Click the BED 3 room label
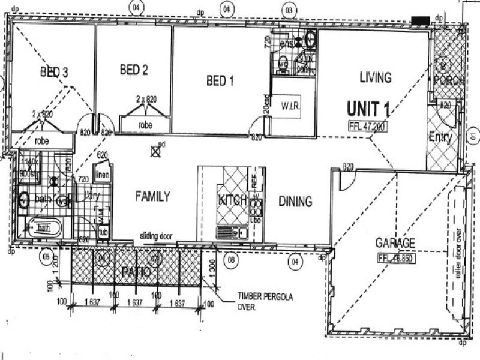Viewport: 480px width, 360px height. [x=53, y=73]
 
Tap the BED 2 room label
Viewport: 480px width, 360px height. [x=133, y=70]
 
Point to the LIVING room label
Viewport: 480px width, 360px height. [x=375, y=77]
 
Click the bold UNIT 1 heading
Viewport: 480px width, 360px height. [x=368, y=109]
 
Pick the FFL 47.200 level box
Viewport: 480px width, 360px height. [x=368, y=127]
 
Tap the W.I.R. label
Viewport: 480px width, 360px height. [x=290, y=106]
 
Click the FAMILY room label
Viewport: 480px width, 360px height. [x=152, y=196]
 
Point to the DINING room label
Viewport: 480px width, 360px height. [x=295, y=202]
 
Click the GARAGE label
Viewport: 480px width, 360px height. [x=395, y=243]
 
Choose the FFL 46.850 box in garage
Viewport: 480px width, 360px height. [x=398, y=259]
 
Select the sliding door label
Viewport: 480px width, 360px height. [x=157, y=236]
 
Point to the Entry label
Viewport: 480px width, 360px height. [x=440, y=137]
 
